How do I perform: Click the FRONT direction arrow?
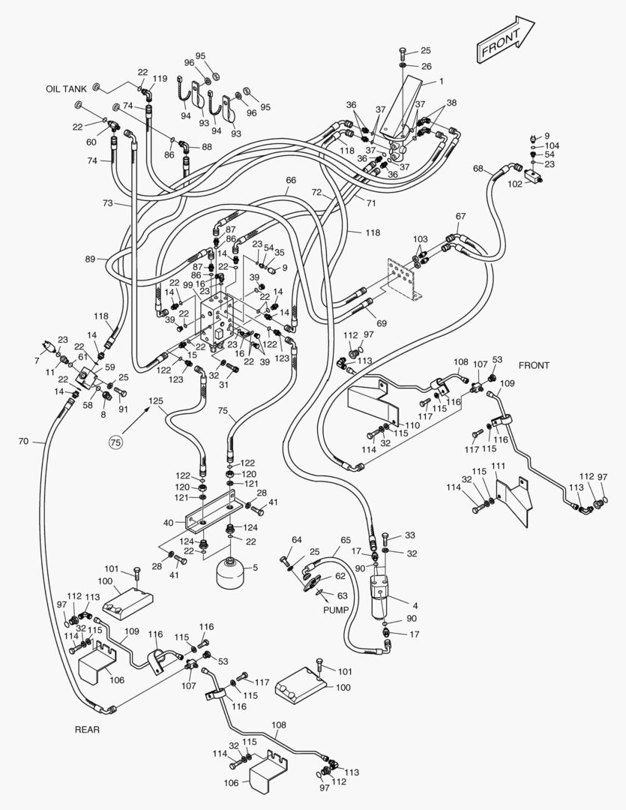pos(505,42)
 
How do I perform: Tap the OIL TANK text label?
pos(67,88)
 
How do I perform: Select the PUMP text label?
pos(336,610)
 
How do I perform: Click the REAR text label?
pos(87,729)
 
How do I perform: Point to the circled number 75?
pos(115,443)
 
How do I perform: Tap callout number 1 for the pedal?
pos(442,81)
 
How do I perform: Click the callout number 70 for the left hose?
pos(22,442)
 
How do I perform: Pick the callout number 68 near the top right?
pos(478,169)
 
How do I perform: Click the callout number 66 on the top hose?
pos(291,180)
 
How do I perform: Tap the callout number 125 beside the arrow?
pos(155,400)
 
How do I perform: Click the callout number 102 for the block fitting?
pos(515,183)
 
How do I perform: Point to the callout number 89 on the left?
pos(90,259)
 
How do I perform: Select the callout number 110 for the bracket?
pos(412,425)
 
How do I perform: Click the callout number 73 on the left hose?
pos(108,203)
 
